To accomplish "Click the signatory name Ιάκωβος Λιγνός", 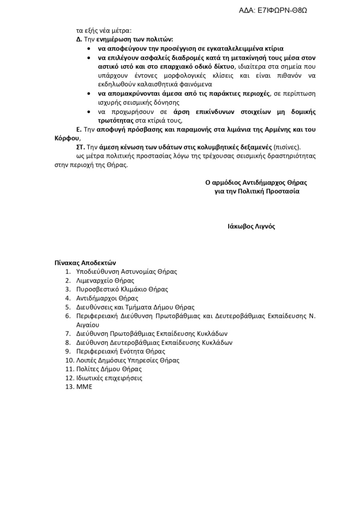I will pos(251,226).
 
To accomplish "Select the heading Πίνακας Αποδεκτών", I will pos(85,263).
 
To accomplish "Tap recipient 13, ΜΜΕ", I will pos(84,387).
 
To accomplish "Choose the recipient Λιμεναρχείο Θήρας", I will pos(105,281).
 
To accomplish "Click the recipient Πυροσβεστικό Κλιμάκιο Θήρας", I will pos(122,289).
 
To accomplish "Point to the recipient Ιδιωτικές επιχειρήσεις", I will pos(109,378).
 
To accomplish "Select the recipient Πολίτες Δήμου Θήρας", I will pos(109,369).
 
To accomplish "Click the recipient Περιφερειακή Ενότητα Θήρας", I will pos(121,351).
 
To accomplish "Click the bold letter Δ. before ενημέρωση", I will pos(79,40).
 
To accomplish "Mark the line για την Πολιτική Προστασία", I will pos(257,191).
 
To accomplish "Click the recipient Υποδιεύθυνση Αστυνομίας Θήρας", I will pos(126,272).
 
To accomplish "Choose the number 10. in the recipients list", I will pos(70,360).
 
